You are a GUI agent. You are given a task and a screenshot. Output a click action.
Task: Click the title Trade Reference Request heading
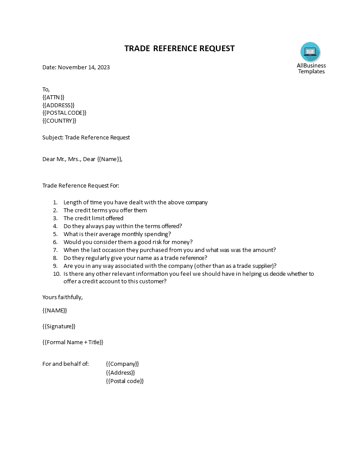pos(180,49)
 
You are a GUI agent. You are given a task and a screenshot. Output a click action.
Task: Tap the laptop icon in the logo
pos(310,52)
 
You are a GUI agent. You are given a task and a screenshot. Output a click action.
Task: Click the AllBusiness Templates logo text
pos(311,68)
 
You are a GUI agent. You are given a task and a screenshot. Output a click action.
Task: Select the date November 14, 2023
pos(84,68)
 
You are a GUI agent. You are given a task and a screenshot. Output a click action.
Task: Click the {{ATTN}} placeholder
pos(53,97)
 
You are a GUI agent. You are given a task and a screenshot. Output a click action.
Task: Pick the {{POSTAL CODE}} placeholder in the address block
pos(64,113)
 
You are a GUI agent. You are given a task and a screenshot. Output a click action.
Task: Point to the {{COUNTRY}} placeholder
pos(59,121)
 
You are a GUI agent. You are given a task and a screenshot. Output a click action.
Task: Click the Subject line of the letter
pos(86,138)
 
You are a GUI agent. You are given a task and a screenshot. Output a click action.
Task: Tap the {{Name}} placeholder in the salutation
pos(109,159)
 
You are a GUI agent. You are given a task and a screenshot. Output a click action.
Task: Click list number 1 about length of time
pos(55,203)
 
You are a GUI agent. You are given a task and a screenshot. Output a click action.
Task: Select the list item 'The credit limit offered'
pos(94,218)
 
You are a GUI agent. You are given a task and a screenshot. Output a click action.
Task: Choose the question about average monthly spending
pos(117,234)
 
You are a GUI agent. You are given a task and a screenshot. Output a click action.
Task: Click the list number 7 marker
pos(55,250)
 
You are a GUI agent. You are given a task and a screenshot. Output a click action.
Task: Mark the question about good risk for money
pos(128,242)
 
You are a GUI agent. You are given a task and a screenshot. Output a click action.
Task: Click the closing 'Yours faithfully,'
pos(63,297)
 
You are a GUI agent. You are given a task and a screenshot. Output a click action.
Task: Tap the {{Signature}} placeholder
pos(59,327)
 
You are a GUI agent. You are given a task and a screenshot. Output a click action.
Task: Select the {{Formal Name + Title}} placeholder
pos(73,342)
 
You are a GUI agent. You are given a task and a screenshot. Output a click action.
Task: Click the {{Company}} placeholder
pos(123,364)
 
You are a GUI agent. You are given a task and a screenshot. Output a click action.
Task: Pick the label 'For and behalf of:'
pos(66,364)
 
